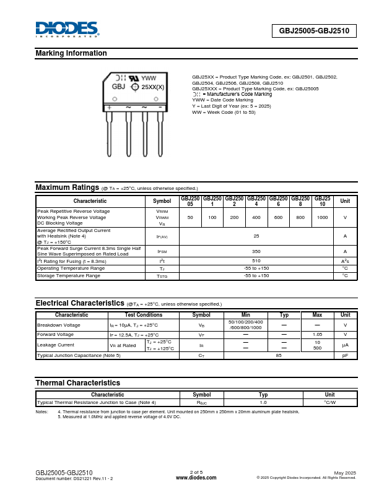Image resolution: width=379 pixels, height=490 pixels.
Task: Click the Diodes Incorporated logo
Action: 67,30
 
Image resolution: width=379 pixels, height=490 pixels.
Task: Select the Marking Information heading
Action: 71,53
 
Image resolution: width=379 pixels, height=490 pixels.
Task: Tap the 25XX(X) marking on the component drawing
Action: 153,87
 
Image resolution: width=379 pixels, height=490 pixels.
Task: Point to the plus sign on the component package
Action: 110,107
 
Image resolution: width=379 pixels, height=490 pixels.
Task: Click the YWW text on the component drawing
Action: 149,79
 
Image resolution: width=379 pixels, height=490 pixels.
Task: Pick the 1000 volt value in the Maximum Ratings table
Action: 322,218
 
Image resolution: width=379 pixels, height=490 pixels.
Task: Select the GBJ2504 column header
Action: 256,201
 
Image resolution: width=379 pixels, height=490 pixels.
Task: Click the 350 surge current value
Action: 256,251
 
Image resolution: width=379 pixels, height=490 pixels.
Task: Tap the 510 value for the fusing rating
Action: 256,261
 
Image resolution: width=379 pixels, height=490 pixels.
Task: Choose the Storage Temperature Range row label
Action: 69,275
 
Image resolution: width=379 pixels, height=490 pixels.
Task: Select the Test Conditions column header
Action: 144,315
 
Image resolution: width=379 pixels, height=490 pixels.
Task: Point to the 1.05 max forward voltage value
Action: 317,334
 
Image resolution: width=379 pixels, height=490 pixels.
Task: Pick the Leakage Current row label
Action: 56,345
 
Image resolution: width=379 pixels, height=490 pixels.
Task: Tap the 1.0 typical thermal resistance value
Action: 263,402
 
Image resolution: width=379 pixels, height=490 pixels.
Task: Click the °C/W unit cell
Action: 329,402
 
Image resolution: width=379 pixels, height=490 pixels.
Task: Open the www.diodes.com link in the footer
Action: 196,478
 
